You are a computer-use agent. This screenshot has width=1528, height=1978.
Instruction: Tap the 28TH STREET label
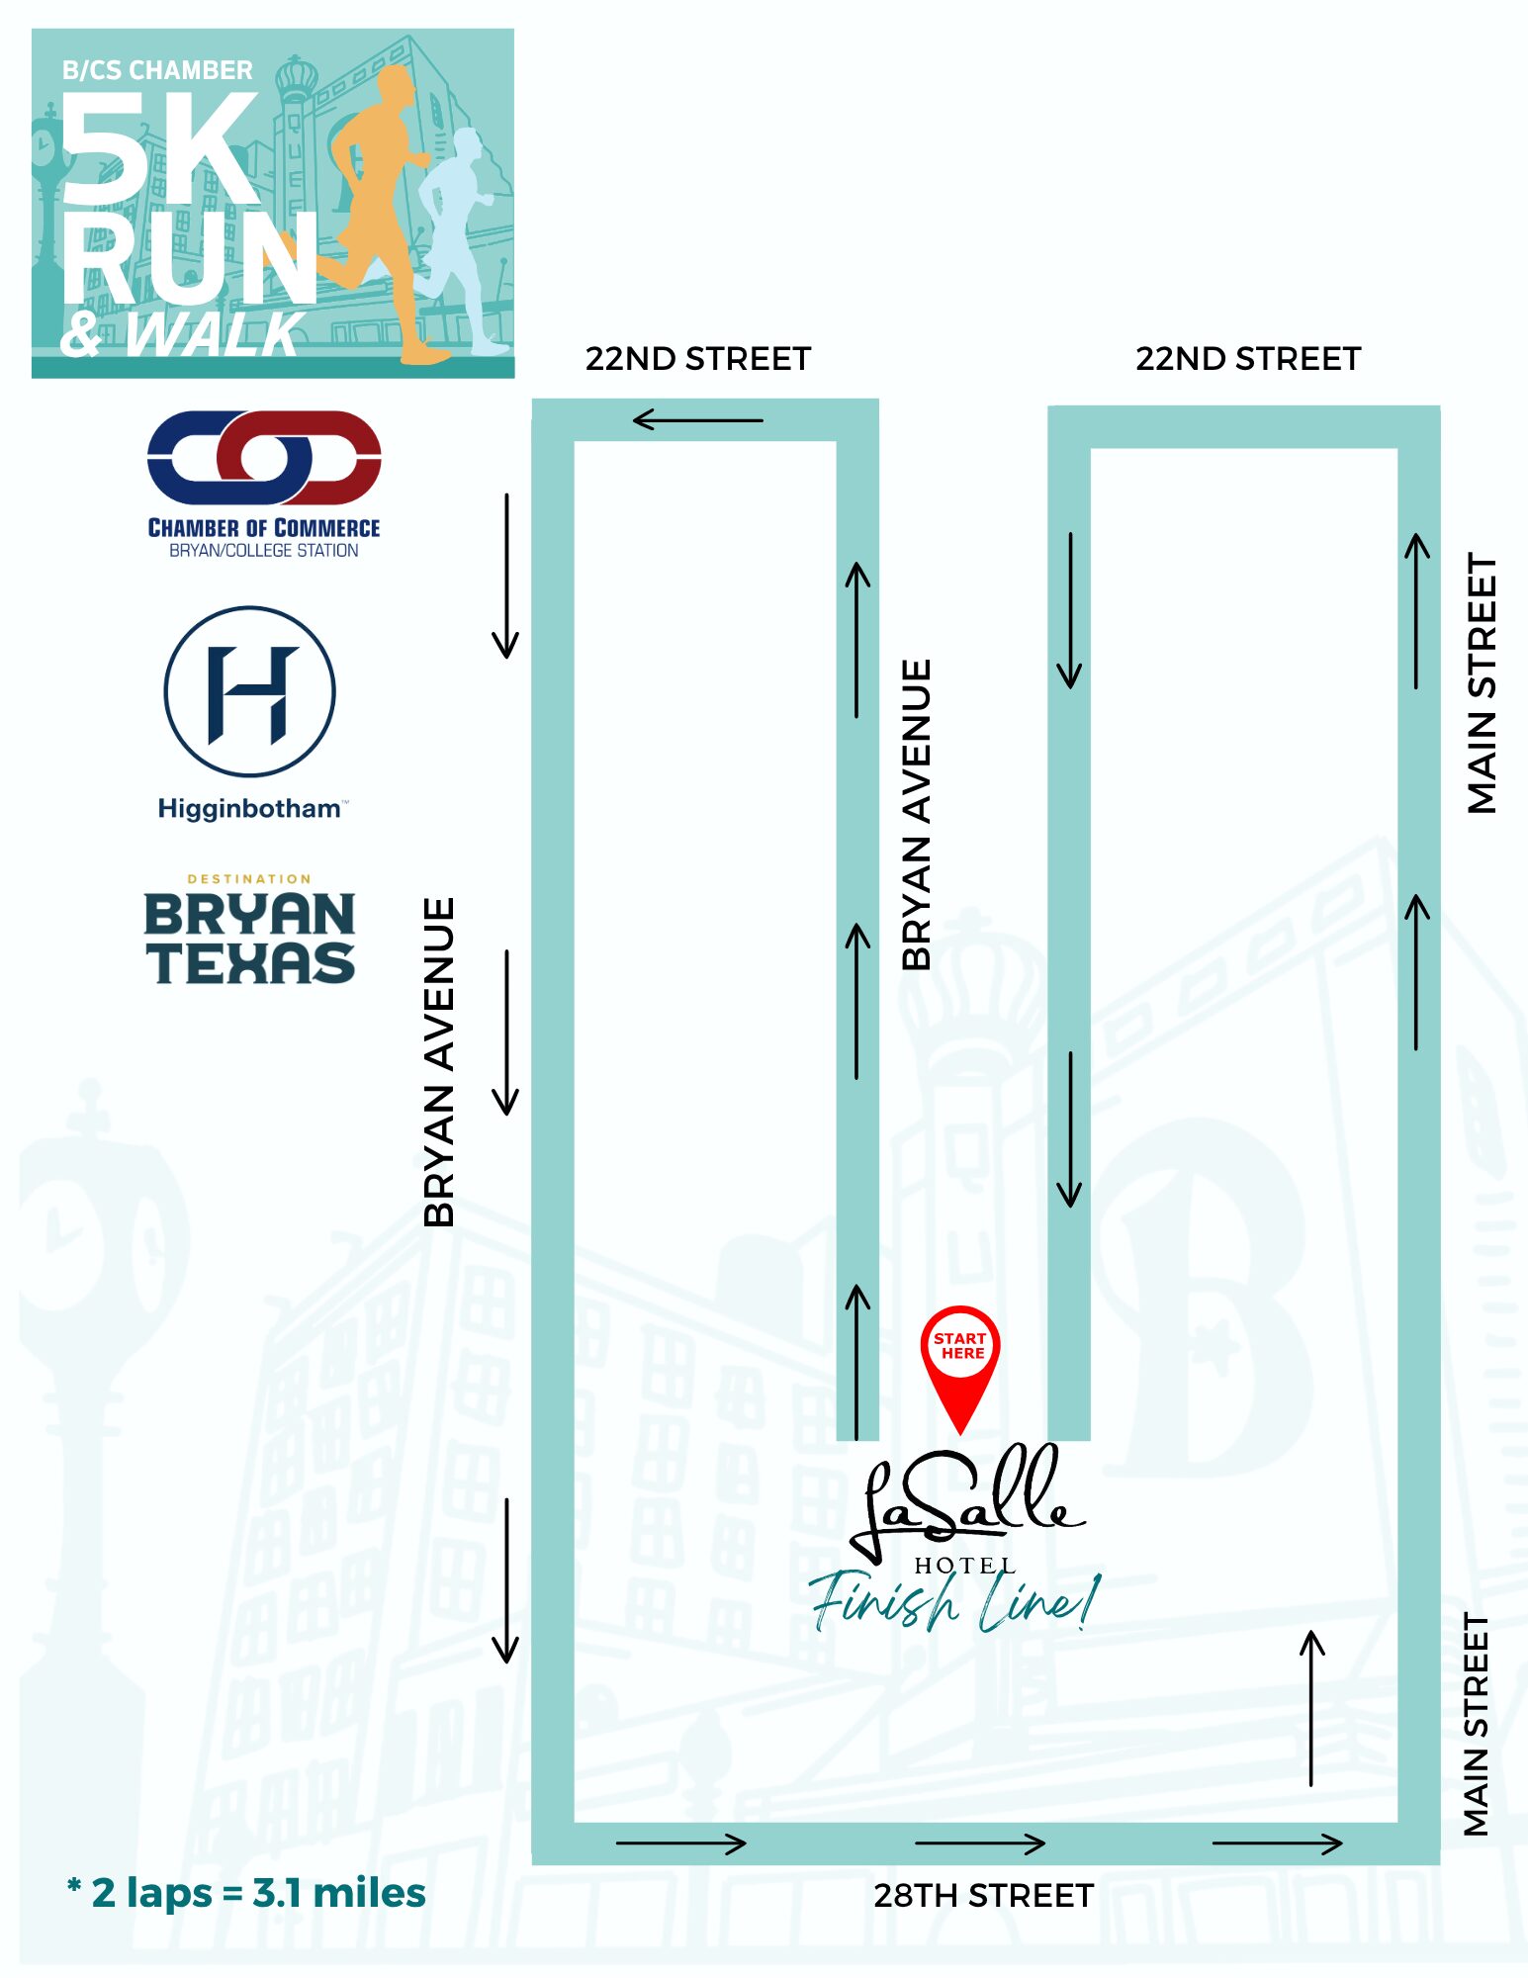pyautogui.click(x=983, y=1895)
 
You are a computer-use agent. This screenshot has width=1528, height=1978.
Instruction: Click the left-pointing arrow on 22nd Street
pyautogui.click(x=697, y=420)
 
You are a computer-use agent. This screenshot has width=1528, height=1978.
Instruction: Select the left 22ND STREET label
pyautogui.click(x=698, y=358)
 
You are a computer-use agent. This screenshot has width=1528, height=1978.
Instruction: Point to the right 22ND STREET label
pyautogui.click(x=1248, y=358)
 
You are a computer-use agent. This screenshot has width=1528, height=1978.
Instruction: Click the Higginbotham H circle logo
pyautogui.click(x=250, y=691)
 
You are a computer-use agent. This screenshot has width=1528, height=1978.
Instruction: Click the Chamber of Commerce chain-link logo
pyautogui.click(x=264, y=458)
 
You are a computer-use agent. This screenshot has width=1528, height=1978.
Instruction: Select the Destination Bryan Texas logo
pyautogui.click(x=250, y=932)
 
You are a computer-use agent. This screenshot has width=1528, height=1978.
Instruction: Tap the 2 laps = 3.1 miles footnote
pyautogui.click(x=247, y=1893)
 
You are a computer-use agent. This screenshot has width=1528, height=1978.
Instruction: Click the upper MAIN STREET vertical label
pyautogui.click(x=1482, y=682)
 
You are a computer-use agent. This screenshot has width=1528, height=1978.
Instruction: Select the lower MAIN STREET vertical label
pyautogui.click(x=1476, y=1724)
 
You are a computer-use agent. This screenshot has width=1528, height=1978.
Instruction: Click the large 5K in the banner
pyautogui.click(x=158, y=148)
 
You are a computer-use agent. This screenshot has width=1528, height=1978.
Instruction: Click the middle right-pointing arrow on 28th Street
pyautogui.click(x=980, y=1843)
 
